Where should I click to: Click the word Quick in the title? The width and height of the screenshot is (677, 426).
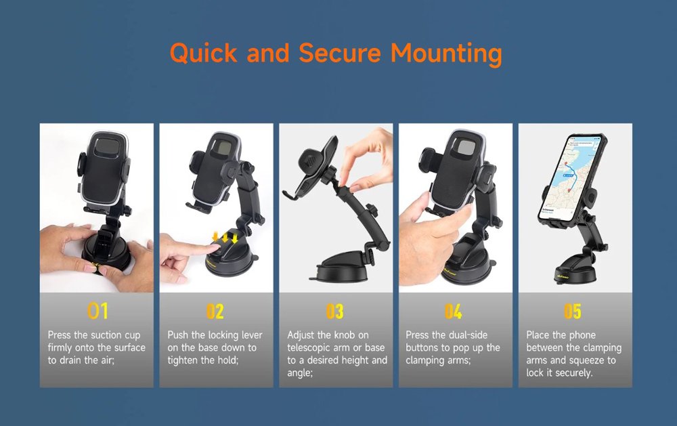click(203, 54)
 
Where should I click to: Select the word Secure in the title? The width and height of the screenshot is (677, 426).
click(340, 53)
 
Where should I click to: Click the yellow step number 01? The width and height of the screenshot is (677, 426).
click(97, 311)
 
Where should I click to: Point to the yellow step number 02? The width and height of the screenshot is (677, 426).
click(215, 311)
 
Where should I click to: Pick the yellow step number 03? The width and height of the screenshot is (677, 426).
click(334, 311)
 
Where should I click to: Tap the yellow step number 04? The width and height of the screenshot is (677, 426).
click(454, 311)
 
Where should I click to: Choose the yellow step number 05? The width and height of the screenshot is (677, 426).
click(573, 311)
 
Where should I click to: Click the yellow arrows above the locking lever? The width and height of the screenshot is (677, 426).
click(225, 237)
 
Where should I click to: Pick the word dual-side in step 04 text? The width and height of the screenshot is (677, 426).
click(468, 335)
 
